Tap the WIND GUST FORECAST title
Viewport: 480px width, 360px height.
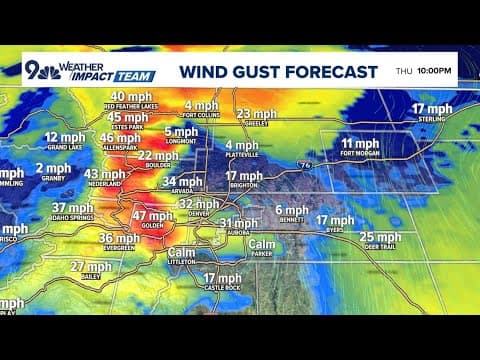pyautogui.click(x=279, y=72)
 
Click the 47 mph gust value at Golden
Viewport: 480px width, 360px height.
pyautogui.click(x=152, y=216)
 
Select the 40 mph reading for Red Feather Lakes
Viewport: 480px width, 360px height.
pyautogui.click(x=131, y=97)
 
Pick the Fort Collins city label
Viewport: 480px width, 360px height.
pyautogui.click(x=199, y=115)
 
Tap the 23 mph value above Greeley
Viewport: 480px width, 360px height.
pyautogui.click(x=256, y=114)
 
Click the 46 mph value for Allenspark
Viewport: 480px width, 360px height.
pyautogui.click(x=121, y=138)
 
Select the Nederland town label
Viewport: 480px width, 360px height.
pyautogui.click(x=106, y=185)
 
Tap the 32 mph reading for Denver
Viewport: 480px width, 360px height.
pyautogui.click(x=198, y=203)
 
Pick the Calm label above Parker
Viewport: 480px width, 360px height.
pyautogui.click(x=262, y=242)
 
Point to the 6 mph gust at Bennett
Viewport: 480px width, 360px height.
pyautogui.click(x=292, y=209)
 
